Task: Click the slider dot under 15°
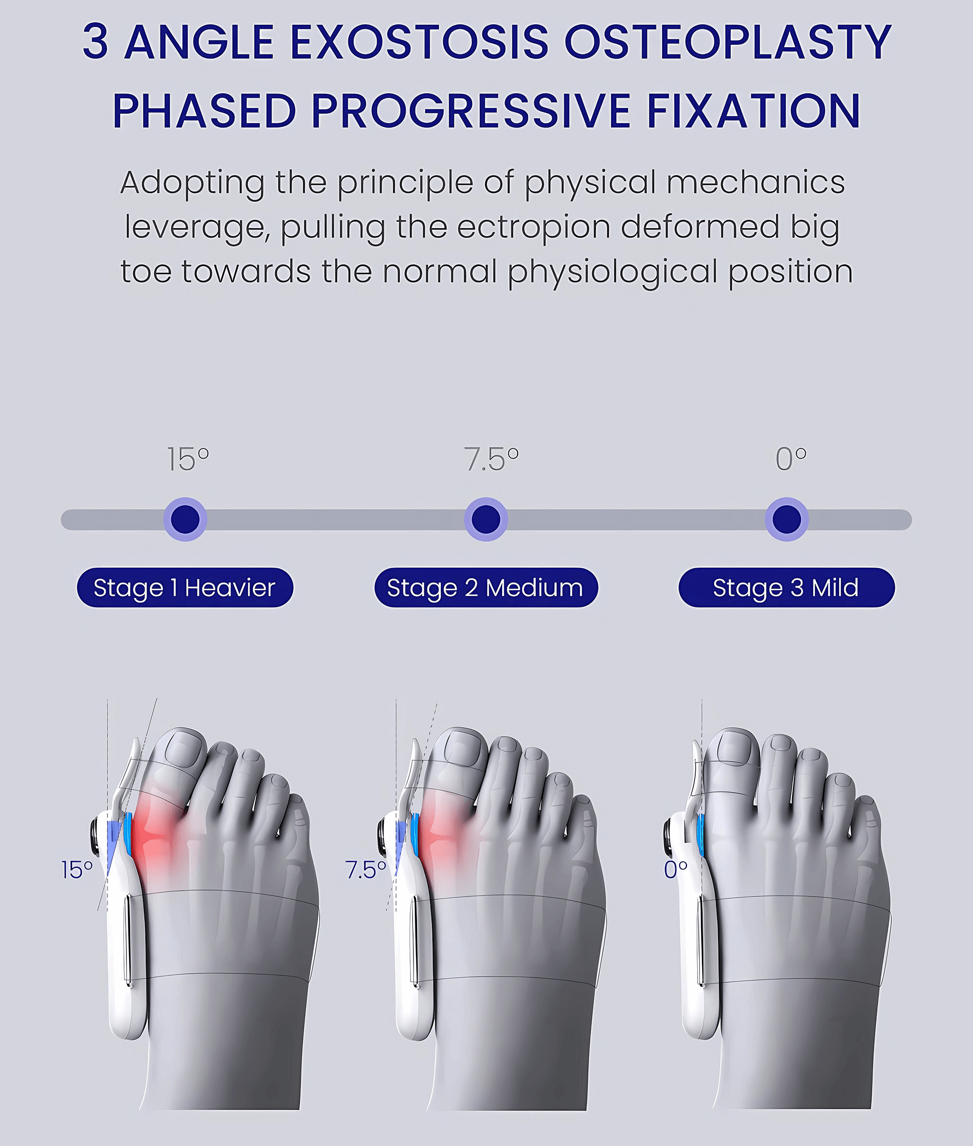coord(185,519)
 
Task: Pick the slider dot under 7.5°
coord(486,519)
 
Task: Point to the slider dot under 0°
coord(787,519)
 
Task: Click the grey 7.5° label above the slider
coord(491,459)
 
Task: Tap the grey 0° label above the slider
coord(791,459)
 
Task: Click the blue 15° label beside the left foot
coord(77,870)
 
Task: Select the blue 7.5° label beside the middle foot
coord(365,870)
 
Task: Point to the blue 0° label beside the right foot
coord(675,870)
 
